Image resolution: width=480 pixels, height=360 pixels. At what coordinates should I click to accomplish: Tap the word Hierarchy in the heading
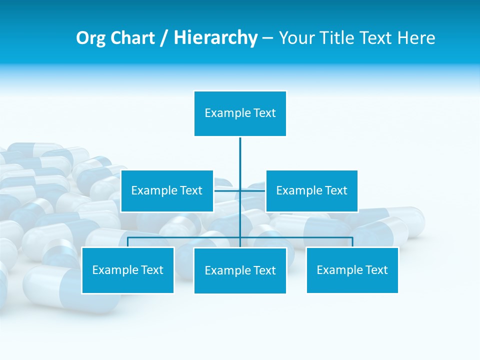[215, 38]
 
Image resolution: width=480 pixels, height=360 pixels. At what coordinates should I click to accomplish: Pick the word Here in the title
[416, 38]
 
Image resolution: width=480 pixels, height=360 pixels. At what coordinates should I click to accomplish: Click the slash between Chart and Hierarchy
[163, 38]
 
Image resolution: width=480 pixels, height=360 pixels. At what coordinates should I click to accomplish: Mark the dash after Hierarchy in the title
[267, 38]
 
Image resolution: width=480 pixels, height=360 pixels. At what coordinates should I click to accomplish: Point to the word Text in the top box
[264, 113]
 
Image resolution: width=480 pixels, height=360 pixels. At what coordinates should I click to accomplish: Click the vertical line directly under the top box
[240, 155]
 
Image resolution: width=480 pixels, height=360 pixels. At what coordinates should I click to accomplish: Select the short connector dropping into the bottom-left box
[128, 242]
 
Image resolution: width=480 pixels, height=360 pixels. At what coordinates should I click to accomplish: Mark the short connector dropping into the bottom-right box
[352, 242]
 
